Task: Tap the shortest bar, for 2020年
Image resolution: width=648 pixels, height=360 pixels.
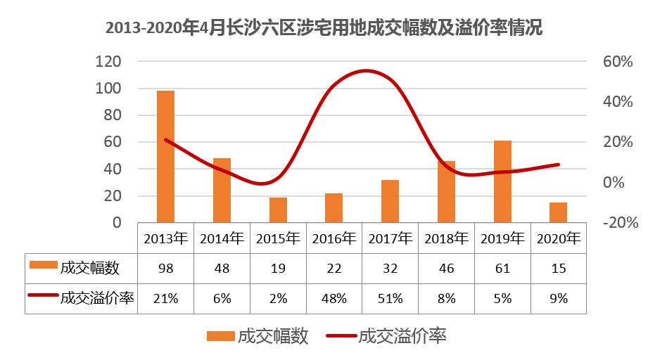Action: [558, 212]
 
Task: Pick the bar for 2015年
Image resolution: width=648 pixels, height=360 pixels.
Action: [278, 210]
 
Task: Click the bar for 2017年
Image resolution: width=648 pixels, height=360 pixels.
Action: [390, 201]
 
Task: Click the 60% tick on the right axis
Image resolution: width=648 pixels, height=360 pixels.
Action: [618, 62]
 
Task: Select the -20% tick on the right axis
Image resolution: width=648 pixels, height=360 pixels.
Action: [620, 223]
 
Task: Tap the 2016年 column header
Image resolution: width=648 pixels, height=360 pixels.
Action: [334, 238]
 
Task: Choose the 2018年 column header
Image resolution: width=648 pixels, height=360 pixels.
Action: [446, 238]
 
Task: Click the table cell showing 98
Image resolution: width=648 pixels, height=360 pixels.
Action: [165, 268]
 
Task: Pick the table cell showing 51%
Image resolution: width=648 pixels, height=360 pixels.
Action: [390, 298]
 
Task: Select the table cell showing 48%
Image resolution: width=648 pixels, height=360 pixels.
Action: [334, 298]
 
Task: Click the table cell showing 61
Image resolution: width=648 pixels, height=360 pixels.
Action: [502, 268]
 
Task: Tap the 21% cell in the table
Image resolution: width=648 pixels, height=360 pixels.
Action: [165, 298]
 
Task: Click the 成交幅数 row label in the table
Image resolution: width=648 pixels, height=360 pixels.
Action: [89, 268]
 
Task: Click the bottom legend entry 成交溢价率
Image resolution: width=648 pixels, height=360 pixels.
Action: [402, 336]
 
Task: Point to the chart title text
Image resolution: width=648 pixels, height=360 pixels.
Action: [324, 28]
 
